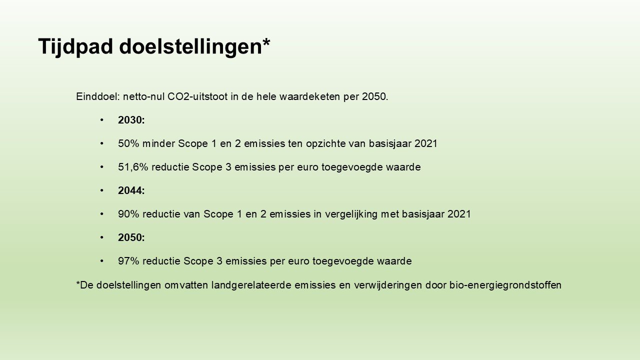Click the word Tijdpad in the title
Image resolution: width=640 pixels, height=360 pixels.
coord(75,47)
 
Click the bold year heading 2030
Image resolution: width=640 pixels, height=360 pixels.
coord(131,120)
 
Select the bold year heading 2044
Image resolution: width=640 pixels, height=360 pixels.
coord(131,190)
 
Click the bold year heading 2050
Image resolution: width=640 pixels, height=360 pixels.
coord(131,237)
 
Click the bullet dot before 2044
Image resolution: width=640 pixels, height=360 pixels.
coord(102,190)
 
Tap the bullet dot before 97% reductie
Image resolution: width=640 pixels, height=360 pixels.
coord(102,261)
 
